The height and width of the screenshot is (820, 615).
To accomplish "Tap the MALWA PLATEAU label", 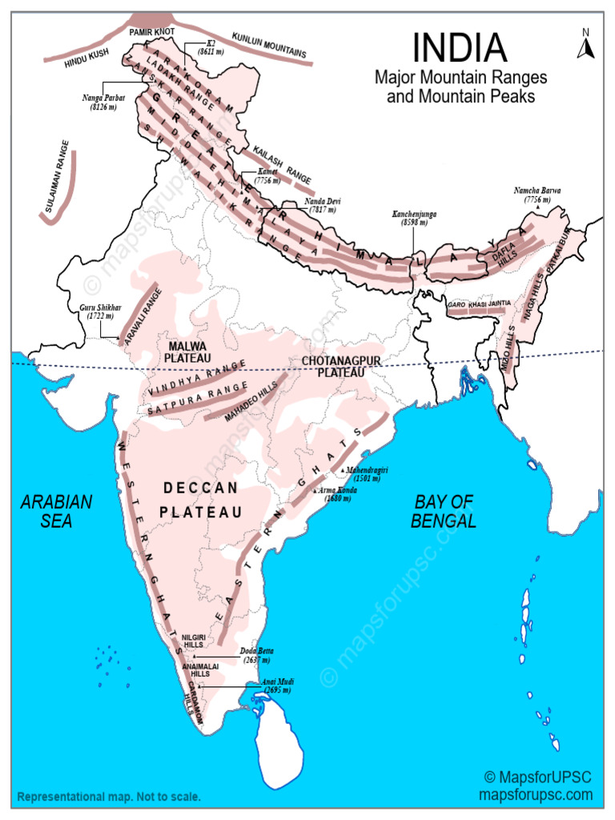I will coord(188,351).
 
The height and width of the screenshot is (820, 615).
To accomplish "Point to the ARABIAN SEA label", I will coord(56,511).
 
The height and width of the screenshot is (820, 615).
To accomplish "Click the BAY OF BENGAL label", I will coord(444,511).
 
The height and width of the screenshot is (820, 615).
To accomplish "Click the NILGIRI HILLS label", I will coord(194,640).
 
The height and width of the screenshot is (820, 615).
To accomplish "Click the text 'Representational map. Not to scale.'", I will coord(110,798).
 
